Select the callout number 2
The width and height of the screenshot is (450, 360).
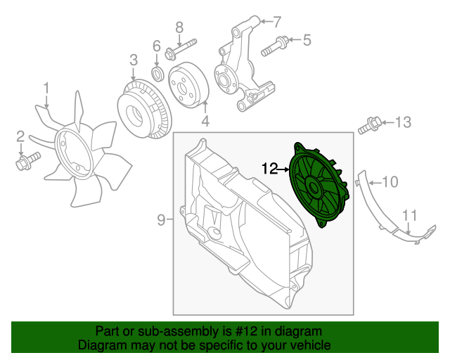tap(21, 136)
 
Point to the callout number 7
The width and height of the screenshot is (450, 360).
tap(276, 20)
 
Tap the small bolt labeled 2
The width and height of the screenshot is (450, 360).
tap(23, 165)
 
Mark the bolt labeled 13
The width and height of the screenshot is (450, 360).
tap(370, 127)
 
